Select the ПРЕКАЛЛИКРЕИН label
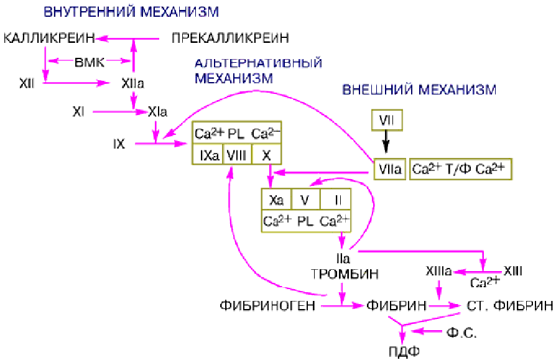point(230,39)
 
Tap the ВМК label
point(90,61)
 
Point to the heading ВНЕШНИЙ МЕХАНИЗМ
point(419,90)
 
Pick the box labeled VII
point(386,119)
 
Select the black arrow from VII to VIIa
point(386,145)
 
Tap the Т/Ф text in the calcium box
point(461,168)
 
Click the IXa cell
point(206,155)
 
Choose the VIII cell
point(236,155)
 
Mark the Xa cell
point(276,200)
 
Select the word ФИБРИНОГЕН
point(265,305)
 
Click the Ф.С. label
point(461,334)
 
